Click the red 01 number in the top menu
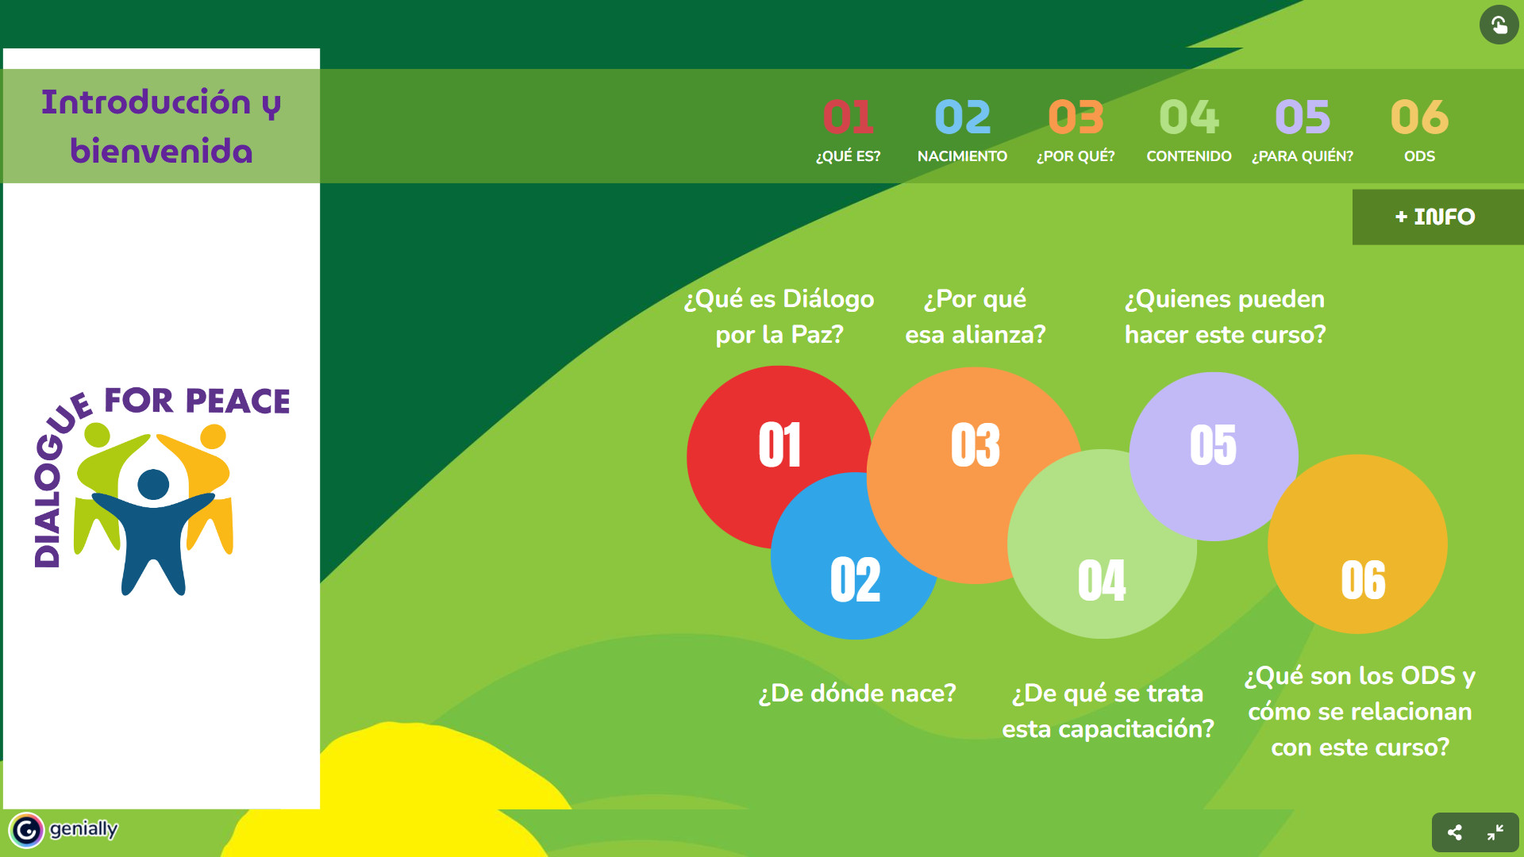click(848, 117)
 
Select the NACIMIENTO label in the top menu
click(962, 156)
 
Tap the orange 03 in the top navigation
click(1076, 117)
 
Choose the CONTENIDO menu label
click(1189, 156)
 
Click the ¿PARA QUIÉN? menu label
click(1303, 156)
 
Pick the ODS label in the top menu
click(1419, 156)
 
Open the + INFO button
click(1437, 217)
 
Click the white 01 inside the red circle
click(779, 444)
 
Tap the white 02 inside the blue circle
click(855, 579)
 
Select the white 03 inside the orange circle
click(976, 444)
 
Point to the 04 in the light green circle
click(1102, 580)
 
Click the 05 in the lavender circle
click(1213, 444)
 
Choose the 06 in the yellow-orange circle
click(1363, 580)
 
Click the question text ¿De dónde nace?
click(857, 694)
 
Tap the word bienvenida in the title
click(161, 151)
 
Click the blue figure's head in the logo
click(153, 484)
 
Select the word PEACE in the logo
click(238, 402)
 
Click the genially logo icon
click(26, 830)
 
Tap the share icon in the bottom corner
click(1454, 832)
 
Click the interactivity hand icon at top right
click(1499, 25)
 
